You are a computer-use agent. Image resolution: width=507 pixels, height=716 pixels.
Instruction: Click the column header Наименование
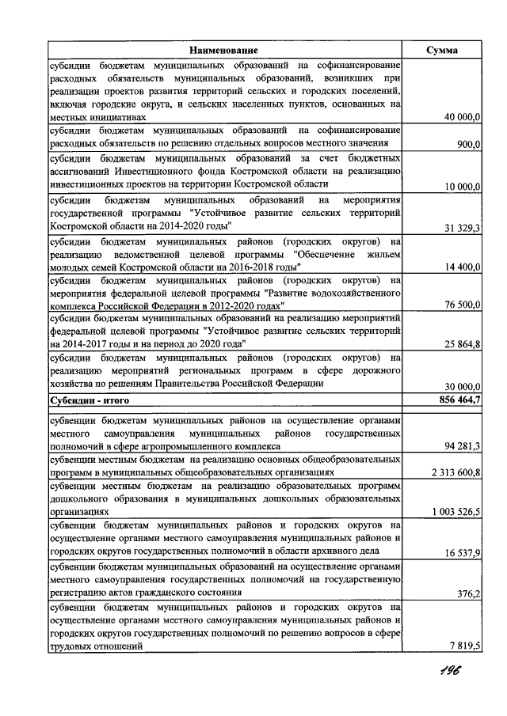[223, 50]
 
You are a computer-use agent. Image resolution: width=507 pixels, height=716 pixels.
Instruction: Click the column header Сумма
[441, 50]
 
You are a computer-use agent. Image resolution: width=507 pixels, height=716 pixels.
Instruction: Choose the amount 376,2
[468, 593]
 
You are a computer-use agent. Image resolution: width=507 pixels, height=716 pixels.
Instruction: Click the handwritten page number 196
[448, 671]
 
